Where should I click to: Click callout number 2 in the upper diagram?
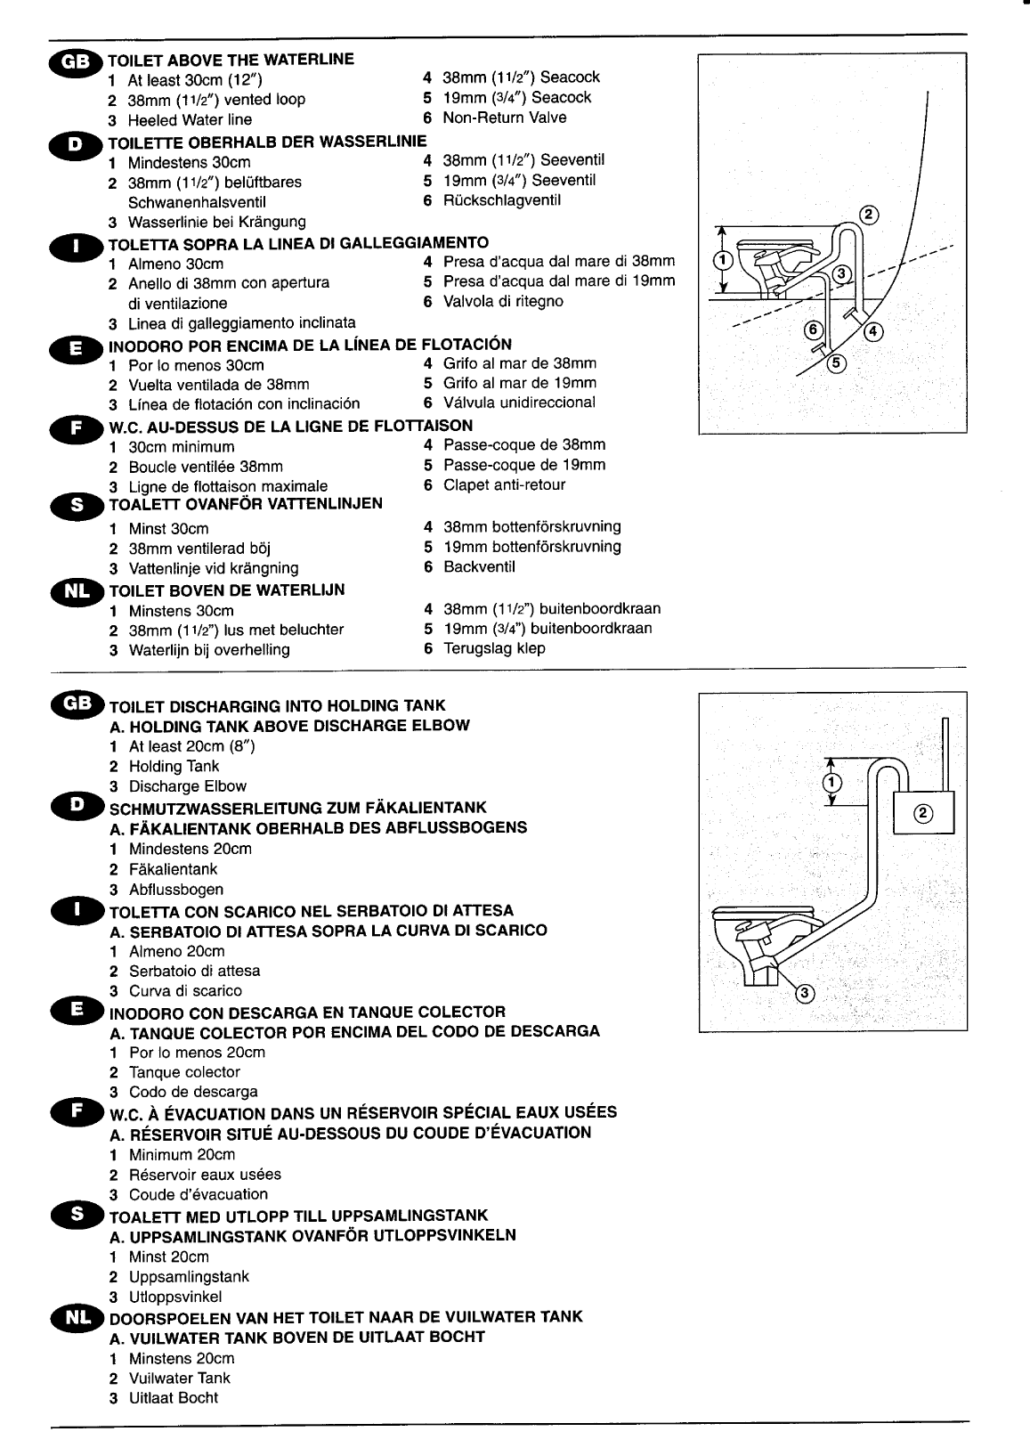coord(871,214)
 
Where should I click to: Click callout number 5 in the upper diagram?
coord(835,362)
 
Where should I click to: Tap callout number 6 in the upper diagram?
coord(813,329)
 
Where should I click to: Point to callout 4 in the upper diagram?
coord(872,332)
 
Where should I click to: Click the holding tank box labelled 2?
coord(924,811)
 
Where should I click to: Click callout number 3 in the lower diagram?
coord(803,994)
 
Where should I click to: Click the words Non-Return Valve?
coord(504,118)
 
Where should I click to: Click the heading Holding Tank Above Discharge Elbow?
coord(289,726)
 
